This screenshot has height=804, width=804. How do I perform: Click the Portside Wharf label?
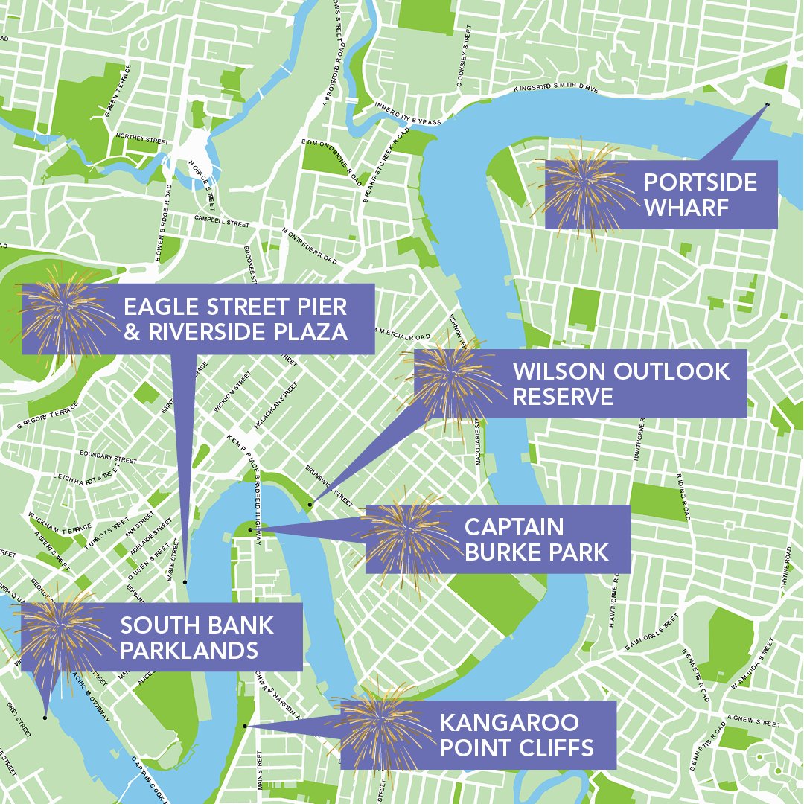(x=700, y=194)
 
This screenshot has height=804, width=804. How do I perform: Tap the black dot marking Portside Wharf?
(x=768, y=104)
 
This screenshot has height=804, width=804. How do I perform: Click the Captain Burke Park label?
(x=536, y=539)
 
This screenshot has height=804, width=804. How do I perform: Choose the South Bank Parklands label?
(x=197, y=637)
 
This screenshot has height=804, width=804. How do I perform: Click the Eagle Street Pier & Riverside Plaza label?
(x=235, y=319)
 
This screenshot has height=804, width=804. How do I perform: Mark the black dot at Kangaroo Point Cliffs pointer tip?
(x=244, y=725)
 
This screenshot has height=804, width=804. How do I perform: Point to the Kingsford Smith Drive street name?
(x=555, y=89)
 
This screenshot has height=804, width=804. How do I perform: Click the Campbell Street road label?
(x=222, y=222)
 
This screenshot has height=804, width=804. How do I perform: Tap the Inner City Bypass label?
(x=408, y=113)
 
